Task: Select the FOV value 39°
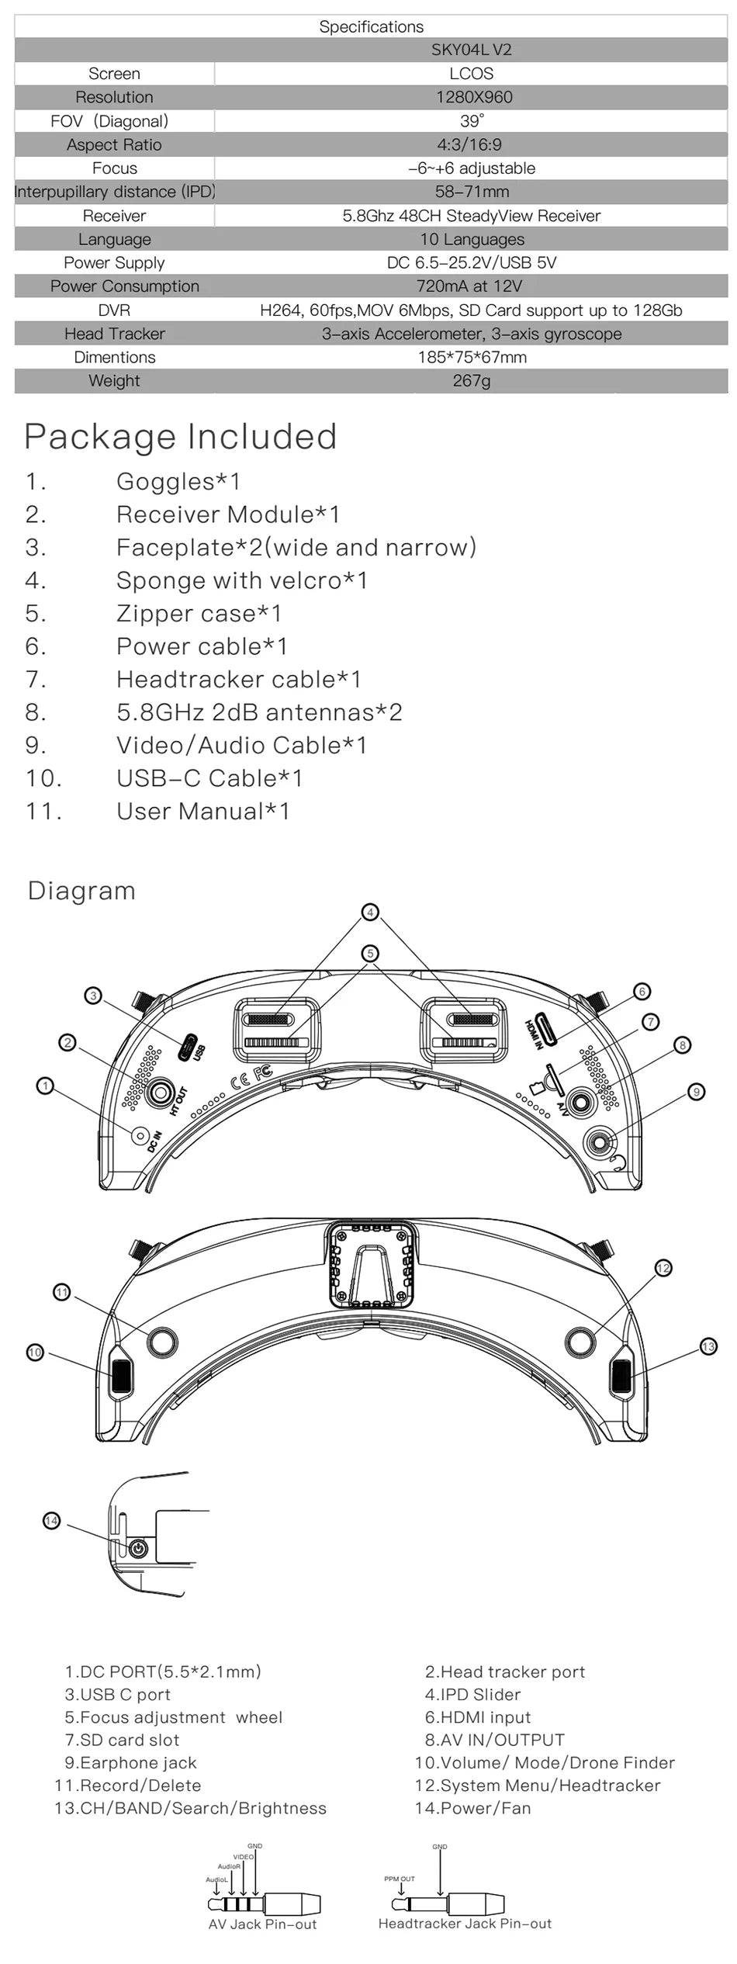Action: pyautogui.click(x=471, y=121)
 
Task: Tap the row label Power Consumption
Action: pyautogui.click(x=124, y=286)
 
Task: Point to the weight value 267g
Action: pyautogui.click(x=471, y=381)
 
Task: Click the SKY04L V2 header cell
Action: pyautogui.click(x=471, y=50)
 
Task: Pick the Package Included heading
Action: pyautogui.click(x=181, y=437)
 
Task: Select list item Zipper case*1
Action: pyautogui.click(x=199, y=614)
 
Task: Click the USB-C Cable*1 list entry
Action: pyautogui.click(x=209, y=778)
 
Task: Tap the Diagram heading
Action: pyautogui.click(x=81, y=891)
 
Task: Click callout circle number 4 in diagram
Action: pyautogui.click(x=370, y=912)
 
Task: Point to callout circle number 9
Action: pyautogui.click(x=697, y=1092)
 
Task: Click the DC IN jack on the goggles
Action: pyautogui.click(x=141, y=1134)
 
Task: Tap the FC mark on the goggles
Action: pyautogui.click(x=264, y=1072)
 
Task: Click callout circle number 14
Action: pyautogui.click(x=51, y=1520)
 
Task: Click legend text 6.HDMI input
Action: pyautogui.click(x=478, y=1717)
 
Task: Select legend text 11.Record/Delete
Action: pyautogui.click(x=127, y=1786)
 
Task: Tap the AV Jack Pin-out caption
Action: pyautogui.click(x=262, y=1924)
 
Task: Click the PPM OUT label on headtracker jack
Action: pyautogui.click(x=400, y=1879)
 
